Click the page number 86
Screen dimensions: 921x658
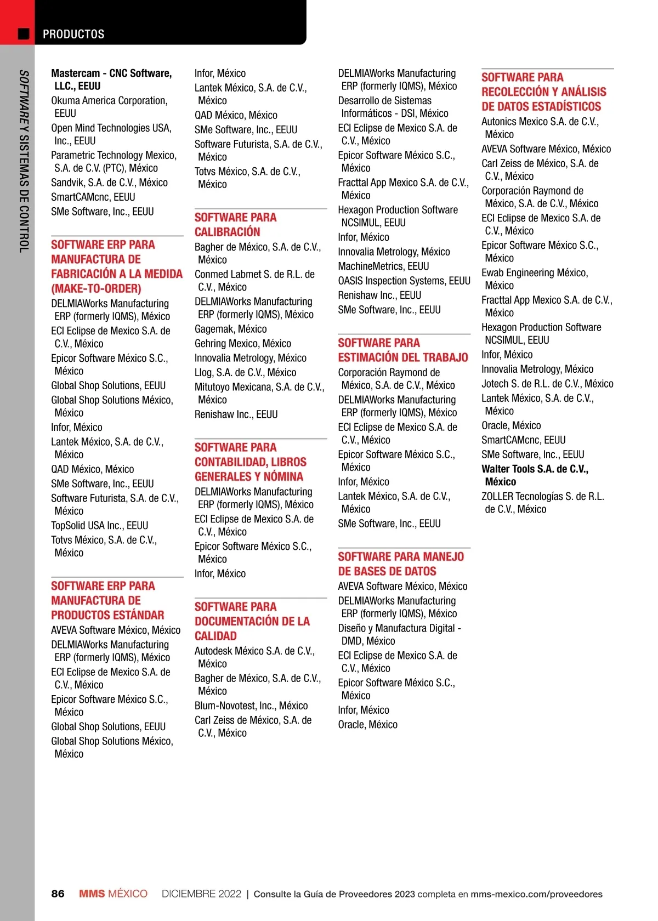(x=58, y=894)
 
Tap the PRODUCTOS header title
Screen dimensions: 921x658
(x=73, y=34)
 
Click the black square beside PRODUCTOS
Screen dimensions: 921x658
(x=24, y=34)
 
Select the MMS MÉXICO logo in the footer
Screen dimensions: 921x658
(x=113, y=894)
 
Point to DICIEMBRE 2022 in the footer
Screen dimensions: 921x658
(x=201, y=894)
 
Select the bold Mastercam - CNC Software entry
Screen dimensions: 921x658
(x=111, y=79)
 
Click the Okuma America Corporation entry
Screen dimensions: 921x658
(x=109, y=107)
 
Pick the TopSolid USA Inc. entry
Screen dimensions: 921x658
(x=100, y=525)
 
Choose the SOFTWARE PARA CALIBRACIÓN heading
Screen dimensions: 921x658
(x=235, y=225)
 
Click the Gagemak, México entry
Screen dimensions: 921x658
(x=231, y=329)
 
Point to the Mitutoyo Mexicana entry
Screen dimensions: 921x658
(x=259, y=393)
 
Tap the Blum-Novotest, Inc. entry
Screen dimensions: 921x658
(x=251, y=706)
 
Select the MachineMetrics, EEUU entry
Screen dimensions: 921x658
(x=383, y=266)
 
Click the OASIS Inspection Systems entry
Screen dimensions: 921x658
(x=404, y=281)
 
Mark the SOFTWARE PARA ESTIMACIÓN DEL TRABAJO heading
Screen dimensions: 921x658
(x=403, y=350)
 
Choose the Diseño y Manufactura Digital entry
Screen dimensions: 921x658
(x=399, y=634)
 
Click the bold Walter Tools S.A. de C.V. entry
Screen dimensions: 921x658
(x=535, y=475)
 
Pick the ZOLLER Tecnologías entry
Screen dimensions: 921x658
(x=542, y=503)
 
